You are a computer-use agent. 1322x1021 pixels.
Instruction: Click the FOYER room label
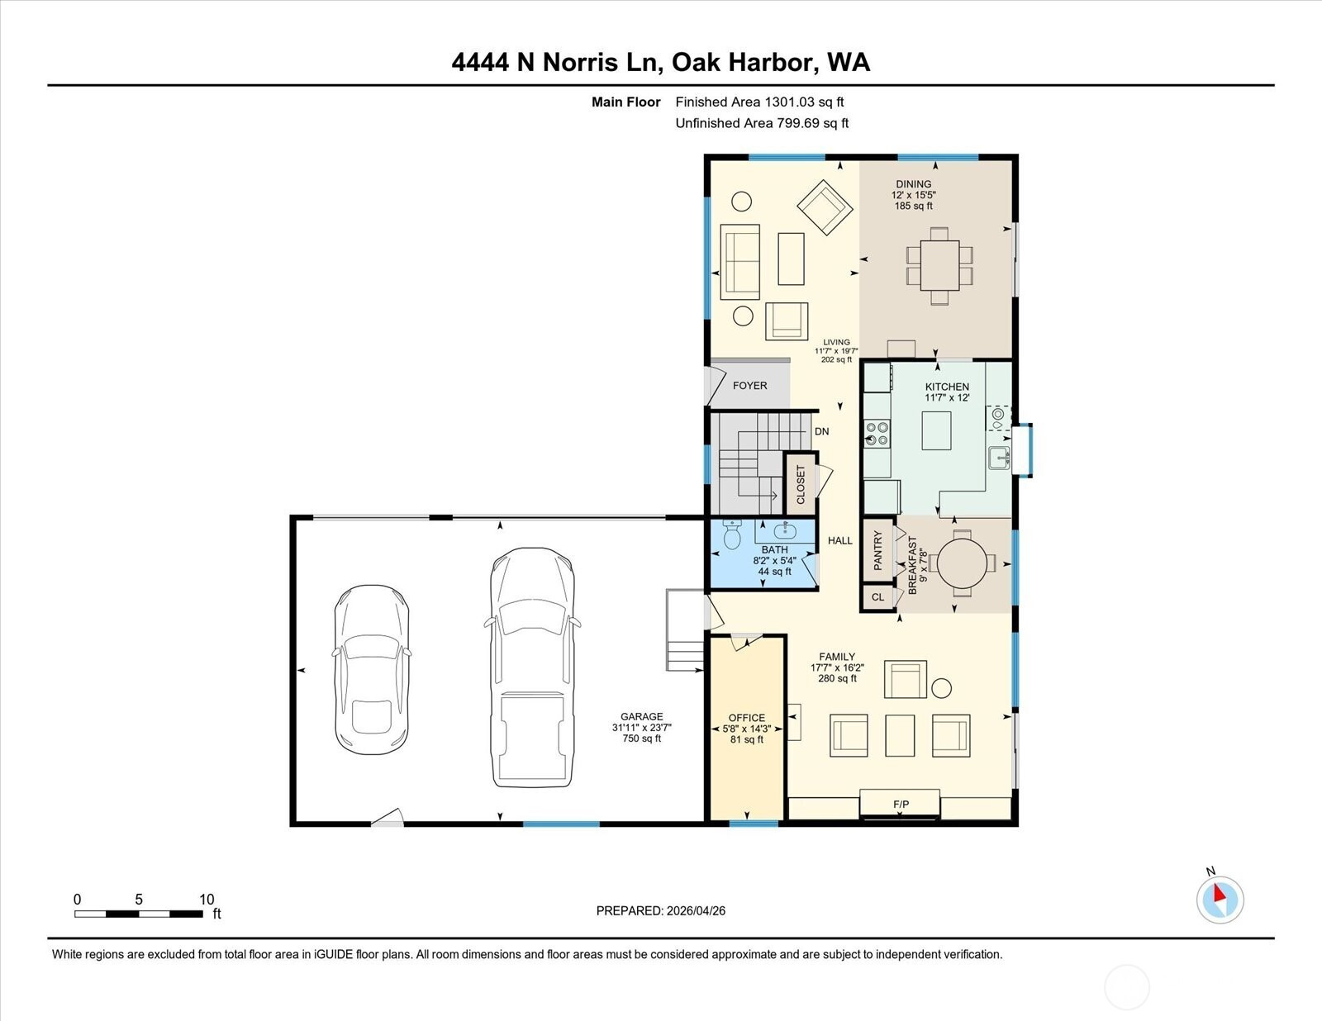[x=749, y=386]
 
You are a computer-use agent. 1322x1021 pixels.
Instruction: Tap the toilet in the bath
[x=732, y=534]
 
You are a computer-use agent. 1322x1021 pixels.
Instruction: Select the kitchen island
[x=936, y=430]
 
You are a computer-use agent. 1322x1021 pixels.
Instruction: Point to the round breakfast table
[x=962, y=563]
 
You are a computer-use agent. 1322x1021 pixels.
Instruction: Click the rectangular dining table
[x=939, y=266]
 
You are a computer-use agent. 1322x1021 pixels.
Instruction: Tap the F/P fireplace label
[x=901, y=804]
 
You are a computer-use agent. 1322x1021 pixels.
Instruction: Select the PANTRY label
[x=877, y=550]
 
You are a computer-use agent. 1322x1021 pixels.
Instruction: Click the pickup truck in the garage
[x=532, y=667]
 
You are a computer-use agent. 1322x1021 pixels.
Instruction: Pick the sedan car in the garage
[x=371, y=670]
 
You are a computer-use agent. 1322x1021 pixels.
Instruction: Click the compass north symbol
[x=1220, y=900]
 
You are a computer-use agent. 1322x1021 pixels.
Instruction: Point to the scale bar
[x=139, y=914]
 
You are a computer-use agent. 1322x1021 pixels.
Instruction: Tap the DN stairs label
[x=822, y=432]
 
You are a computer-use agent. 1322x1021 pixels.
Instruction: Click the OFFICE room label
[x=746, y=718]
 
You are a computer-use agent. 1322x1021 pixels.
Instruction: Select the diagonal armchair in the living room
[x=825, y=207]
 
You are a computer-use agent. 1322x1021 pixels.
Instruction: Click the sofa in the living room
[x=739, y=262]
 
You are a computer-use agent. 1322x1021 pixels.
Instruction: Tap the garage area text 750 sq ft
[x=642, y=738]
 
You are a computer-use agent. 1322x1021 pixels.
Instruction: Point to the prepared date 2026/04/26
[x=696, y=911]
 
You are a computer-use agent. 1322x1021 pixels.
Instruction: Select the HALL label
[x=840, y=540]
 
